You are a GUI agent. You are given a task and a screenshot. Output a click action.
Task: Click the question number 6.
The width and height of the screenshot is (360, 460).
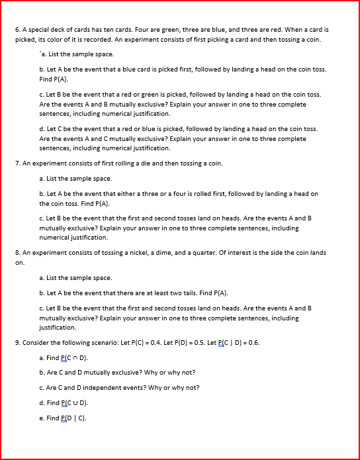tap(17, 30)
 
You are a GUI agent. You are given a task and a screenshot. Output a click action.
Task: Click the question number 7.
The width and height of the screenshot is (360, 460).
tap(17, 163)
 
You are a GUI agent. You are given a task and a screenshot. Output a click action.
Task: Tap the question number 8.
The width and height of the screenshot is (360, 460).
tap(17, 253)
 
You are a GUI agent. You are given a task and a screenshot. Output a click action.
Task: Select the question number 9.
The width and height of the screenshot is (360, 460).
tap(17, 343)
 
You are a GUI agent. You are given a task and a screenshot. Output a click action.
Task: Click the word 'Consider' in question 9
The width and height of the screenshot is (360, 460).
tap(37, 343)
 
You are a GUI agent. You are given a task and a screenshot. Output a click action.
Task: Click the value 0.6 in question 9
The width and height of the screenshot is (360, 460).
tap(252, 343)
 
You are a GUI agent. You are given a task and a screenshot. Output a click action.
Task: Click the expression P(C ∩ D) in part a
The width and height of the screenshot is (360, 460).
tap(74, 358)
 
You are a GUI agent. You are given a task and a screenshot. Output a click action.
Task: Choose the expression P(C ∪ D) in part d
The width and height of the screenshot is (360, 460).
tap(74, 403)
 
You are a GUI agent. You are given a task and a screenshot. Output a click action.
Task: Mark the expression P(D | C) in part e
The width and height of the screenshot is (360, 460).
tap(73, 418)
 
